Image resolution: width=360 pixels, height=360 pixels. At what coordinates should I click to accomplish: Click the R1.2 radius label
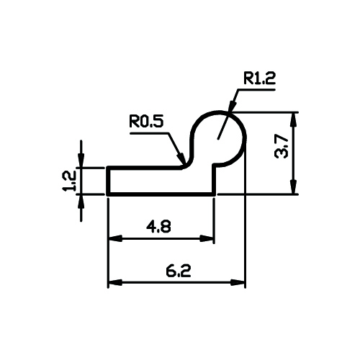click(x=259, y=78)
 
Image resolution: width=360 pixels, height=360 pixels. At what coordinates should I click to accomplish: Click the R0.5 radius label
click(x=146, y=121)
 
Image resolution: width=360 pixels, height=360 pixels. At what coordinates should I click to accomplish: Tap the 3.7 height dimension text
click(x=282, y=146)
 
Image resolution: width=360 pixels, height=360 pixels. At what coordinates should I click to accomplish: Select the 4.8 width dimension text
click(x=158, y=227)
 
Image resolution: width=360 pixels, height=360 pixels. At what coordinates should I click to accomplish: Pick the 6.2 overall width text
click(x=179, y=271)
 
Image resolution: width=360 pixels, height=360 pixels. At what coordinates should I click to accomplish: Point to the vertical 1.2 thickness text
click(x=69, y=181)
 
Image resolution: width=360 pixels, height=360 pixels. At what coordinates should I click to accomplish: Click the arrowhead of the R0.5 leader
click(x=181, y=158)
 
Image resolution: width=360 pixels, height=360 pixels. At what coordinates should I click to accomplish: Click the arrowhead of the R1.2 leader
click(x=232, y=107)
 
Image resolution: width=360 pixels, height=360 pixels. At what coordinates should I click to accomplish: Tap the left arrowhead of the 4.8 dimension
click(x=115, y=239)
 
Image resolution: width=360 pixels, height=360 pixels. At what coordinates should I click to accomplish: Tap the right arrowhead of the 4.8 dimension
click(x=207, y=239)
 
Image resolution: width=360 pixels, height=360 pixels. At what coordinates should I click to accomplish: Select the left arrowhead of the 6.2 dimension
click(x=115, y=282)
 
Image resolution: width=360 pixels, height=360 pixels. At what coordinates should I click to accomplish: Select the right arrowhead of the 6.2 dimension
click(x=238, y=282)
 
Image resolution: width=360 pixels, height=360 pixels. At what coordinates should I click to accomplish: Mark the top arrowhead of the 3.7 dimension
click(x=294, y=120)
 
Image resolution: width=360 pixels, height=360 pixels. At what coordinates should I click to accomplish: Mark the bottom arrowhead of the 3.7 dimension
click(x=294, y=186)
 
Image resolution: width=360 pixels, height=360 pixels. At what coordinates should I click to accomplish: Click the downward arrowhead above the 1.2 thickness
click(x=81, y=159)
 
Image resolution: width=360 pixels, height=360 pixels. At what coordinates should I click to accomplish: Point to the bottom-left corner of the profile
click(x=108, y=194)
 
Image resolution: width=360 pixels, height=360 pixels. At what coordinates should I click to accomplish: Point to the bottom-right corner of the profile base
click(x=214, y=194)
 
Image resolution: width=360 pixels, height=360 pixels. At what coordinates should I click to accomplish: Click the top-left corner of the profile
click(x=108, y=167)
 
